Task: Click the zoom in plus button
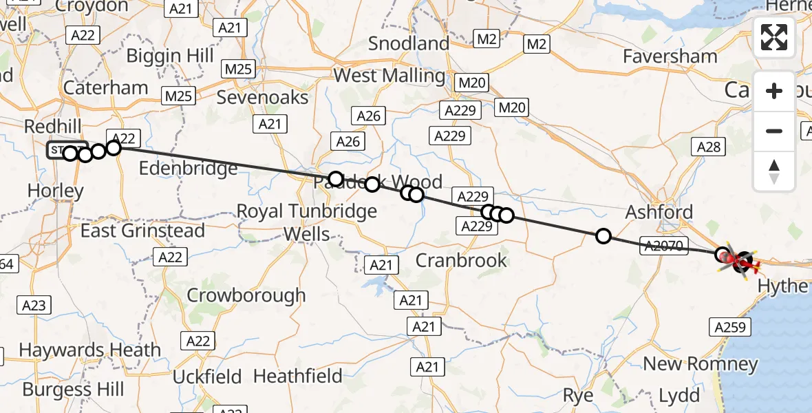click(x=774, y=91)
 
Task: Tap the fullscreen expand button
click(x=774, y=37)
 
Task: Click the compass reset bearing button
click(x=774, y=171)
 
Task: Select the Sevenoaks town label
click(x=262, y=97)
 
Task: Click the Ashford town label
click(x=659, y=212)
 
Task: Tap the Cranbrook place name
click(x=461, y=260)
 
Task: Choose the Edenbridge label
click(x=188, y=168)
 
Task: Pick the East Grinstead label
click(x=142, y=230)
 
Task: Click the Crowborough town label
click(x=246, y=295)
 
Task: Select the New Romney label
click(x=700, y=363)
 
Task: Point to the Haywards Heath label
click(x=89, y=350)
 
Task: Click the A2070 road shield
click(x=663, y=246)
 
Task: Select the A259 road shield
click(x=730, y=328)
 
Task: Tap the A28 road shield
click(x=708, y=146)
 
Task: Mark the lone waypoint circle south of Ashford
click(x=603, y=236)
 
